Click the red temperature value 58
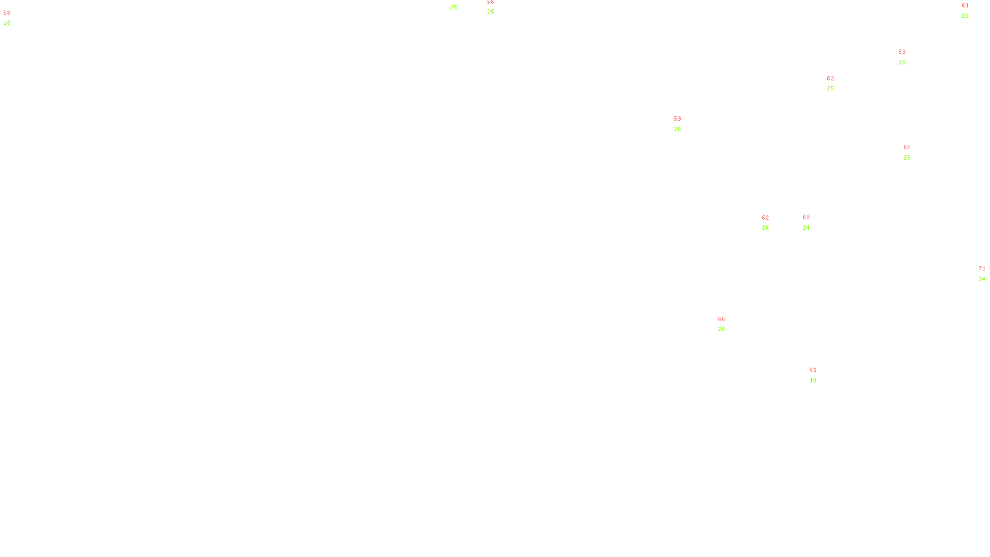[x=7, y=13]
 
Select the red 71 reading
[x=982, y=269]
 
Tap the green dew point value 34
[x=982, y=279]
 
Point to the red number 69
[x=806, y=218]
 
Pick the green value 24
[x=806, y=228]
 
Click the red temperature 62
[x=765, y=218]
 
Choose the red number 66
[x=721, y=319]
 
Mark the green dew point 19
[x=813, y=381]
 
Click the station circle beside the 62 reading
[x=771, y=223]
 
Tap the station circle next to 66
[x=728, y=324]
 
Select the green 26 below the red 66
[x=721, y=329]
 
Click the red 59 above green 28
[x=902, y=52]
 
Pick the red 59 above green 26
[x=678, y=119]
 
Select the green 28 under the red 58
[x=7, y=23]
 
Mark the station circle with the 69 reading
[x=812, y=222]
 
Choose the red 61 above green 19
[x=813, y=370]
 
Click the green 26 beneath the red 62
[x=765, y=228]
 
